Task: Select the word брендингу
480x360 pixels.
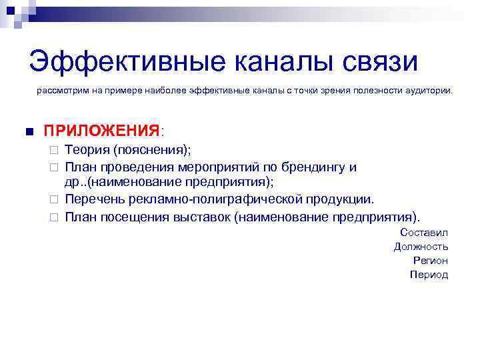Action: point(316,167)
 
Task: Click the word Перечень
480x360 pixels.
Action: point(95,199)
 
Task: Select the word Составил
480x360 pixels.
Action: point(424,232)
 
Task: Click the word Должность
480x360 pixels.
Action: point(421,246)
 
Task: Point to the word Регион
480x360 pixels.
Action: point(430,260)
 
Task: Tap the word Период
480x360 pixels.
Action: point(429,274)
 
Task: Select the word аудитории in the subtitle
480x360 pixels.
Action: point(427,89)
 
